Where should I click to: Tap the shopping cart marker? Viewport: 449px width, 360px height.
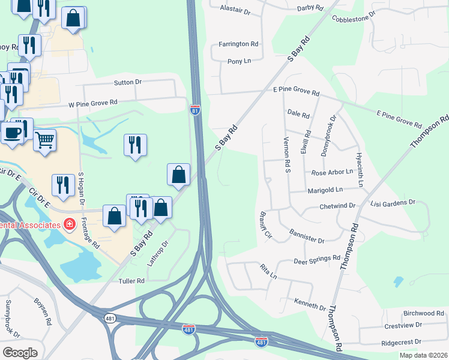pos(45,141)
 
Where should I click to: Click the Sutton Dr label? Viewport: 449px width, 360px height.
pos(127,82)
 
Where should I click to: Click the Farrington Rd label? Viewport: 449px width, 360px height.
pos(238,44)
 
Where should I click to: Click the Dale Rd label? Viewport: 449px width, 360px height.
pos(298,113)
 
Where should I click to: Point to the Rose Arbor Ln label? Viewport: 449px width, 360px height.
pos(333,172)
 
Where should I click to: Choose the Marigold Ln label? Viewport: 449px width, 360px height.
pos(325,190)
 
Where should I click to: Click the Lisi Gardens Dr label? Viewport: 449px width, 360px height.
pos(393,203)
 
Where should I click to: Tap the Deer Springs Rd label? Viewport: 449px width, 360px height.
pos(318,260)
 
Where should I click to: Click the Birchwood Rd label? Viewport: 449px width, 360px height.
pos(423,313)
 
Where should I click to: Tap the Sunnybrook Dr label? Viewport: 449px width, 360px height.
pos(13,319)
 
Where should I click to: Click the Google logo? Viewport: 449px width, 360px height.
pos(20,352)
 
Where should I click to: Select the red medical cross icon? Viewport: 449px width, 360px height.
pos(70,224)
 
